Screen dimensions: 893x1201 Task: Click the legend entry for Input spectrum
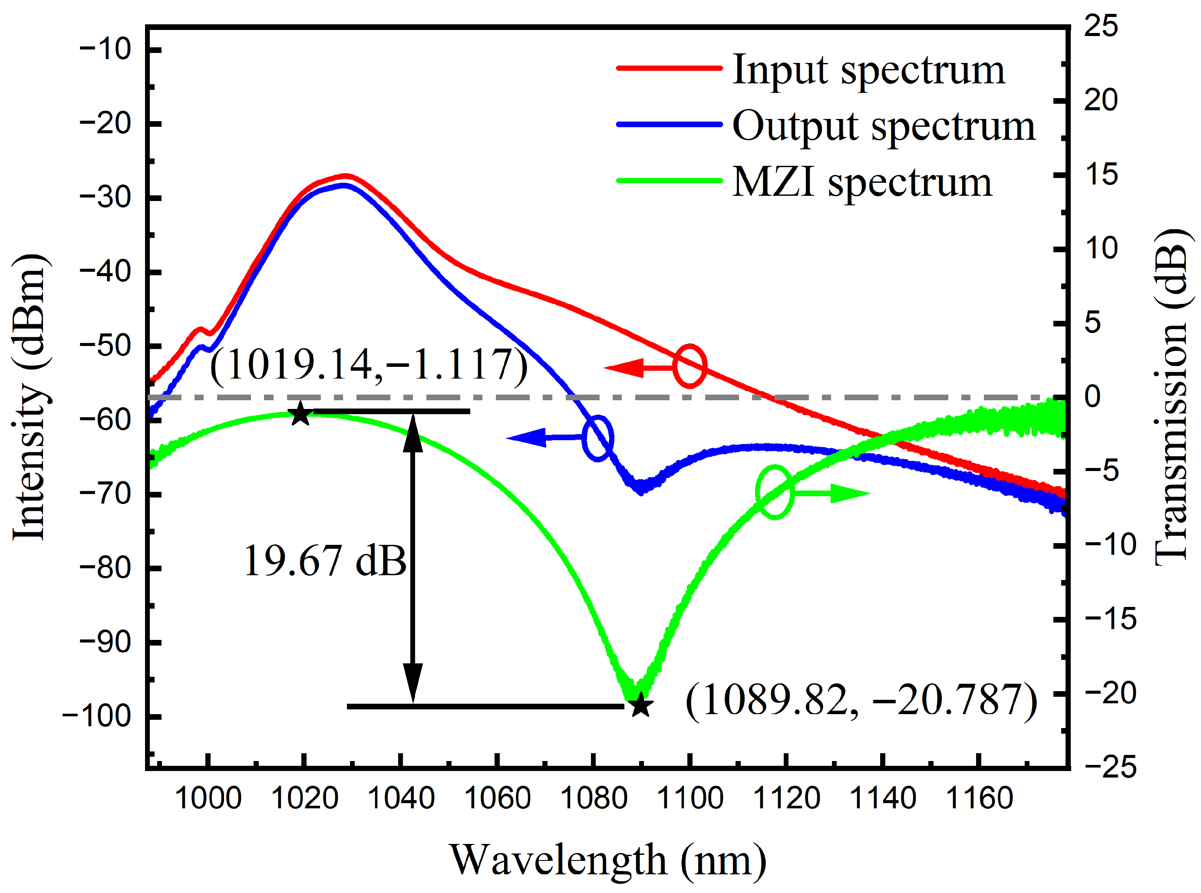(868, 70)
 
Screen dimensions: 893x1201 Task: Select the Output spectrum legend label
(883, 126)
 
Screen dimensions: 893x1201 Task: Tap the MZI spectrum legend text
(862, 182)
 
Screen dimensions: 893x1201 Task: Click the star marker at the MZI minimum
(640, 705)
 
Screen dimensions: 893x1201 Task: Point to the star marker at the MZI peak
(300, 414)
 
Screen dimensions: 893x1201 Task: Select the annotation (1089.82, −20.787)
(861, 701)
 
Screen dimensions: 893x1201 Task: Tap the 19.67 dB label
(325, 561)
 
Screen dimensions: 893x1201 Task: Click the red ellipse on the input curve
(690, 366)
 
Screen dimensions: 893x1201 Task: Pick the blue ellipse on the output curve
(598, 438)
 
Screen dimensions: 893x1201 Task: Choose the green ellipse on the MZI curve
(775, 492)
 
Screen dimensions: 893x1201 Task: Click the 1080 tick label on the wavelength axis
(594, 798)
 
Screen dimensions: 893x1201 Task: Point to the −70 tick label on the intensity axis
(106, 494)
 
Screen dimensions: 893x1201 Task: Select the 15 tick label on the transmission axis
(1100, 175)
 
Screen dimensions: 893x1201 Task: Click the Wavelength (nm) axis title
(608, 860)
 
